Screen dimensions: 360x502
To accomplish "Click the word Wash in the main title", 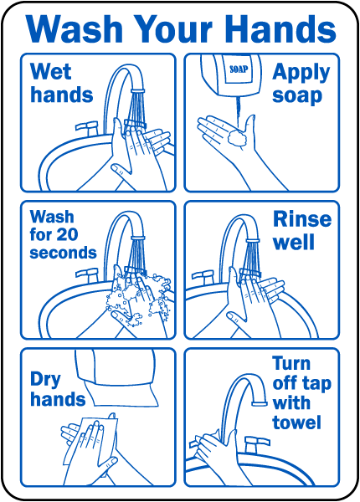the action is coord(75,28).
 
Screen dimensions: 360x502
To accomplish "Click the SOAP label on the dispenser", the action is coord(239,69).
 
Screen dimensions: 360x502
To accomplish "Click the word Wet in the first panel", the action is coord(50,71).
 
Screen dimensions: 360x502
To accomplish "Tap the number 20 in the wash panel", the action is coord(67,234).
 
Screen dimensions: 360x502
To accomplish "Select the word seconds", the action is coord(63,253).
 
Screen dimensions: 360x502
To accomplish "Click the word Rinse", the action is coord(302,219).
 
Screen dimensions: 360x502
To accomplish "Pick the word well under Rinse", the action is coord(294,243).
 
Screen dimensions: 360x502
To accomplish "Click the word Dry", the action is coord(45,380).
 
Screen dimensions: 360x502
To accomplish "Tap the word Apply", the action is coord(301,74).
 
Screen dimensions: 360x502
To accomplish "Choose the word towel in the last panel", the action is coord(296,423).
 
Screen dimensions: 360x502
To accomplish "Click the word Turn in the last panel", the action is coord(291,363).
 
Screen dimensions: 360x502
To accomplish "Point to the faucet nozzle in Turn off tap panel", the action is coord(260,403).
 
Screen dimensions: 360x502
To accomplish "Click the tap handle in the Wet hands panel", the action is coord(86,127).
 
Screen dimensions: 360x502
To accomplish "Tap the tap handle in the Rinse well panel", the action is coord(203,277).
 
